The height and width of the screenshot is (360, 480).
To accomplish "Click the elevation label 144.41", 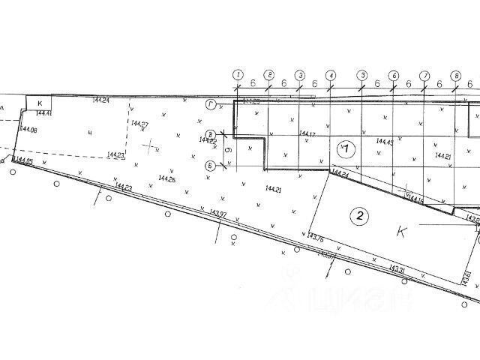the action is [x=42, y=114].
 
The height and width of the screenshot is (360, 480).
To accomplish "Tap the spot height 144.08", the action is [x=28, y=130].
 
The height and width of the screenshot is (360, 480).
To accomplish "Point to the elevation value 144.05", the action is [x=23, y=160].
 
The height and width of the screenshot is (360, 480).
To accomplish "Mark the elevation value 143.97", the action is [x=220, y=213].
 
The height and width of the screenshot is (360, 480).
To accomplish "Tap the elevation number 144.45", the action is [x=385, y=141].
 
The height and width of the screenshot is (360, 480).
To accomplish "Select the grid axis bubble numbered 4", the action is [x=331, y=75].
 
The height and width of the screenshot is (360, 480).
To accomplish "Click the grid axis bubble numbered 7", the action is [x=424, y=75].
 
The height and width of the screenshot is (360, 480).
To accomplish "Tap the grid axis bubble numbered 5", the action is [x=361, y=75].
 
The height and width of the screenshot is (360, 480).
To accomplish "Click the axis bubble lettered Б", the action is [x=211, y=165].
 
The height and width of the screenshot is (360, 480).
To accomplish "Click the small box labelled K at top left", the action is [x=40, y=101].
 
